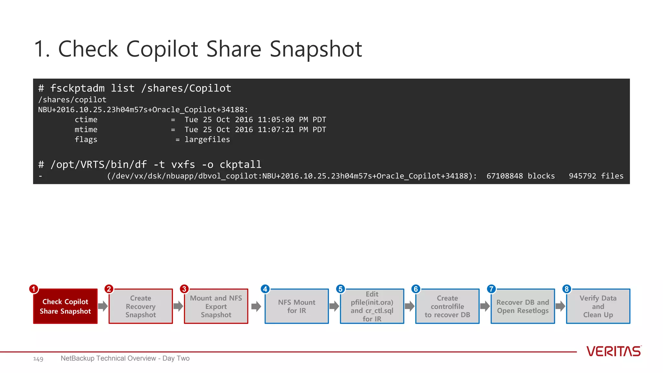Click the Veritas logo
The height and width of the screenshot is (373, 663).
coord(613,351)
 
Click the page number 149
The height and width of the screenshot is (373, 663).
coord(38,359)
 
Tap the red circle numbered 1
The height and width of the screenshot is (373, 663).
coord(33,289)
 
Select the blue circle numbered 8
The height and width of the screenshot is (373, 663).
coord(567,289)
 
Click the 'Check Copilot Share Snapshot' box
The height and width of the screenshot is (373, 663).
coord(65,306)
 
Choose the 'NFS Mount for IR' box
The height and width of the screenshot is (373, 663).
coord(297,306)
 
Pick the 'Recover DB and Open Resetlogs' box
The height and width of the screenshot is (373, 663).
coord(523,306)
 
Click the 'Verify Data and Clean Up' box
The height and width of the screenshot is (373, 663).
coord(598,306)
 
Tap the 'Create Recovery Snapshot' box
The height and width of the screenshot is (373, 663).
coord(140,306)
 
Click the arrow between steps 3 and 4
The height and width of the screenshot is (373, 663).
coord(256,306)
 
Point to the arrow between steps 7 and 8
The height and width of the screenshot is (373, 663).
coord(560,306)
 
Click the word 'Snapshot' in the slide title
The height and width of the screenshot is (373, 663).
coord(316,49)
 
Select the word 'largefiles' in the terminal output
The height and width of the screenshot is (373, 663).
coord(207,140)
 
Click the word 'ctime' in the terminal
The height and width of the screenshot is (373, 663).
coord(86,120)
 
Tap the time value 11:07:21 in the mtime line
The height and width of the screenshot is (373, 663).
coord(276,130)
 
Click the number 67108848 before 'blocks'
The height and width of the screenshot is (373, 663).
coord(504,176)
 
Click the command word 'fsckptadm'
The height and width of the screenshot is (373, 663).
coord(77,88)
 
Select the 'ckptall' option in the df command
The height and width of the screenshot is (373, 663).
coord(240,164)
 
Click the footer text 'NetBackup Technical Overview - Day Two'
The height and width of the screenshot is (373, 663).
coord(125,358)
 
